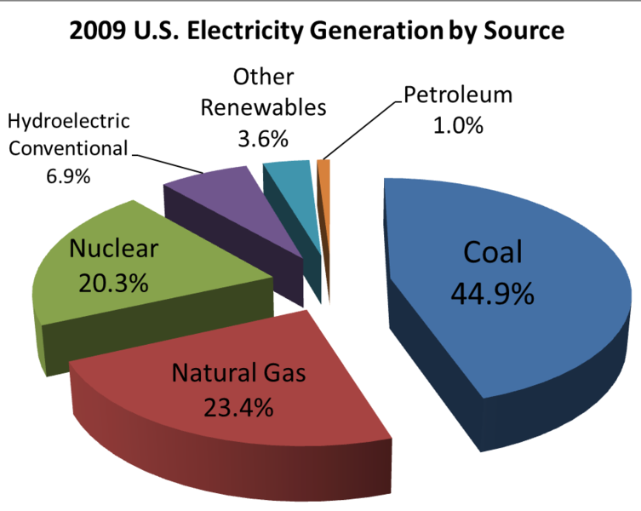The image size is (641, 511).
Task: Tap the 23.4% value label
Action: tap(238, 407)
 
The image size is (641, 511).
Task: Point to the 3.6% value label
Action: tap(262, 138)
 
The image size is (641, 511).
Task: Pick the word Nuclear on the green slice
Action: tap(114, 250)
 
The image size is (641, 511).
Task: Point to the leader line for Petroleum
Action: tap(362, 129)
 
